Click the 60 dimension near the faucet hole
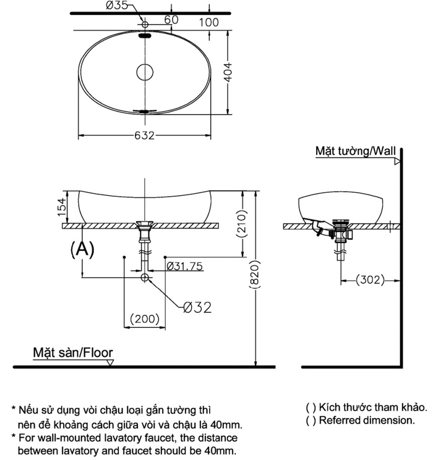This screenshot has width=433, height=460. coord(171,20)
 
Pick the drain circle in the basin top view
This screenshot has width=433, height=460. coord(144,72)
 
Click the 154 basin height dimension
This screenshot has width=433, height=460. coord(61,207)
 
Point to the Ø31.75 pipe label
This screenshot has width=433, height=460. coord(184,266)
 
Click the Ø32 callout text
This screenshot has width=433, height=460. coord(197,307)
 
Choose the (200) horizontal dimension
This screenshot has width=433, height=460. coord(145,319)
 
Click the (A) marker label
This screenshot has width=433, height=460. coord(82,248)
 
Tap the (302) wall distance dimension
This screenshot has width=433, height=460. coord(370,280)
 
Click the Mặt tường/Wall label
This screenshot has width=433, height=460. coord(354,151)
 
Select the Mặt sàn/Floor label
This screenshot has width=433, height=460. coord(73,353)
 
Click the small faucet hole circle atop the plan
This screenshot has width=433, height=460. coord(145,23)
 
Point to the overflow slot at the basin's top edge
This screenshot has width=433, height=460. coord(145,36)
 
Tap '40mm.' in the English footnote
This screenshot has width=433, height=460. coord(219,450)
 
